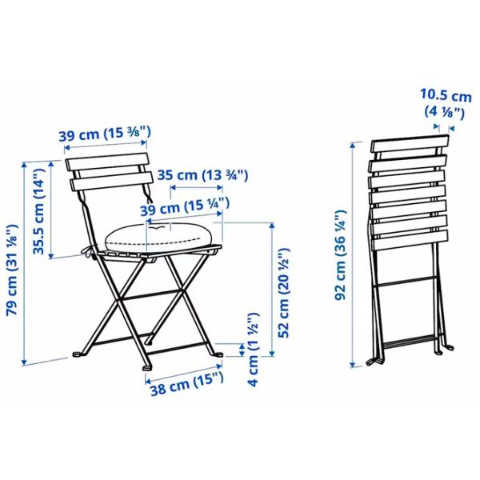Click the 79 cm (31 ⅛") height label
point(13,270)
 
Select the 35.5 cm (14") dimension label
point(39,211)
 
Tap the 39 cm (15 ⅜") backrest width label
point(105,134)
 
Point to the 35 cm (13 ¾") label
point(202,175)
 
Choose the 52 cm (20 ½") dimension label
point(283,293)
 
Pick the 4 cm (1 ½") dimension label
point(253,350)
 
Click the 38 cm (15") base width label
point(187,383)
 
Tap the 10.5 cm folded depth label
point(446,95)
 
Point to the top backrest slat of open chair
point(107,162)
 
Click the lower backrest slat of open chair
point(111,182)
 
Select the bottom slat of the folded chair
point(410,240)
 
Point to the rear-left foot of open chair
point(78,354)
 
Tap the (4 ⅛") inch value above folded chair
point(445,112)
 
